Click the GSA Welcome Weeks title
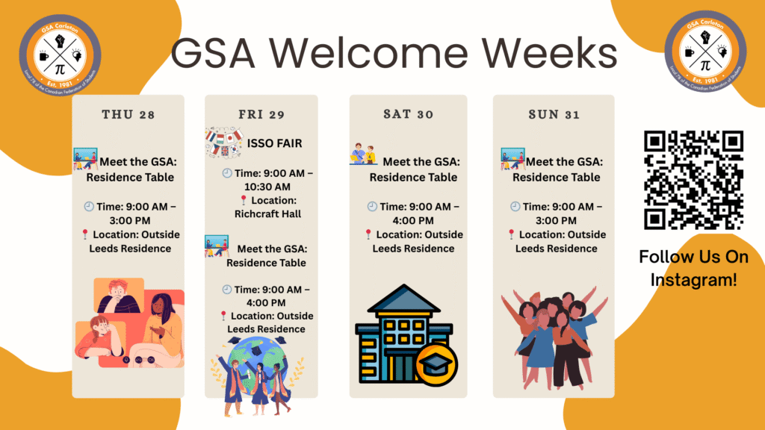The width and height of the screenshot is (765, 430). point(394,53)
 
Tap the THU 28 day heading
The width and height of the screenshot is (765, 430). point(128,114)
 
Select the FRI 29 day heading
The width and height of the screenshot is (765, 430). point(261,114)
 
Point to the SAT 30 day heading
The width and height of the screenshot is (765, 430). point(408,114)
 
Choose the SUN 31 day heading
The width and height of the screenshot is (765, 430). point(554,114)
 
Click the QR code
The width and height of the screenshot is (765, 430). point(694,180)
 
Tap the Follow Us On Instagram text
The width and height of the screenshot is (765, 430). point(693,269)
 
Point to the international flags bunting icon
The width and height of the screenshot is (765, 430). point(224,142)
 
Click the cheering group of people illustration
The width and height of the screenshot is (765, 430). point(554,340)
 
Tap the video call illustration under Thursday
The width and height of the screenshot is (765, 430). point(128,322)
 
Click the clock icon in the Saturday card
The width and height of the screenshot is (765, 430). point(372,207)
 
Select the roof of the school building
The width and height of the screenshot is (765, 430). point(404,299)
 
